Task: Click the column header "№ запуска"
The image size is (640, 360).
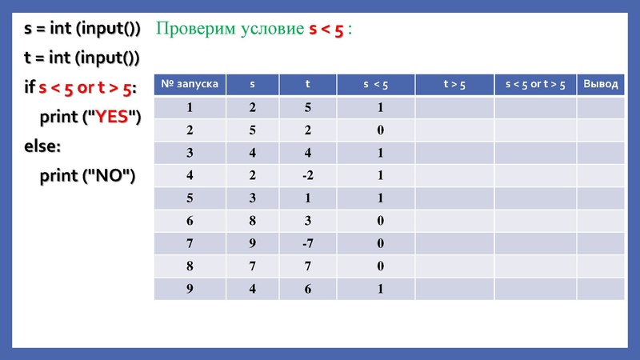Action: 190,84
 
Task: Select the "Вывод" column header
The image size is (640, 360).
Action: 601,84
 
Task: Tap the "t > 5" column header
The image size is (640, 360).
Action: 454,84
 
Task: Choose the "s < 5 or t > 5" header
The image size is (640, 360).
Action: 535,84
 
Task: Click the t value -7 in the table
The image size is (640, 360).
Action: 308,243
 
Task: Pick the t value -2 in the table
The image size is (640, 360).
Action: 308,175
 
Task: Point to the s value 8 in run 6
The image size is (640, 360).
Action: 253,221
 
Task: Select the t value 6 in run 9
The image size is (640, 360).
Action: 308,289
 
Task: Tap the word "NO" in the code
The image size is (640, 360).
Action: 110,175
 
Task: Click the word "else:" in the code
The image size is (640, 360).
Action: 43,146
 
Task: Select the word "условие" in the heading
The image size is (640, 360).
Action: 269,30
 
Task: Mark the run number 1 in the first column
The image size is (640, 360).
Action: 190,107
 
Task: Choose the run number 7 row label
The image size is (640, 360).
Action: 190,243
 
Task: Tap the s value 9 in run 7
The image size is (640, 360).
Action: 253,243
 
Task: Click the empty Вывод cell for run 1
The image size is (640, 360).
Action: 601,107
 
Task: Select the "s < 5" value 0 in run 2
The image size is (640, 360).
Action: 381,130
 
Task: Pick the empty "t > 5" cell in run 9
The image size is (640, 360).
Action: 454,289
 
